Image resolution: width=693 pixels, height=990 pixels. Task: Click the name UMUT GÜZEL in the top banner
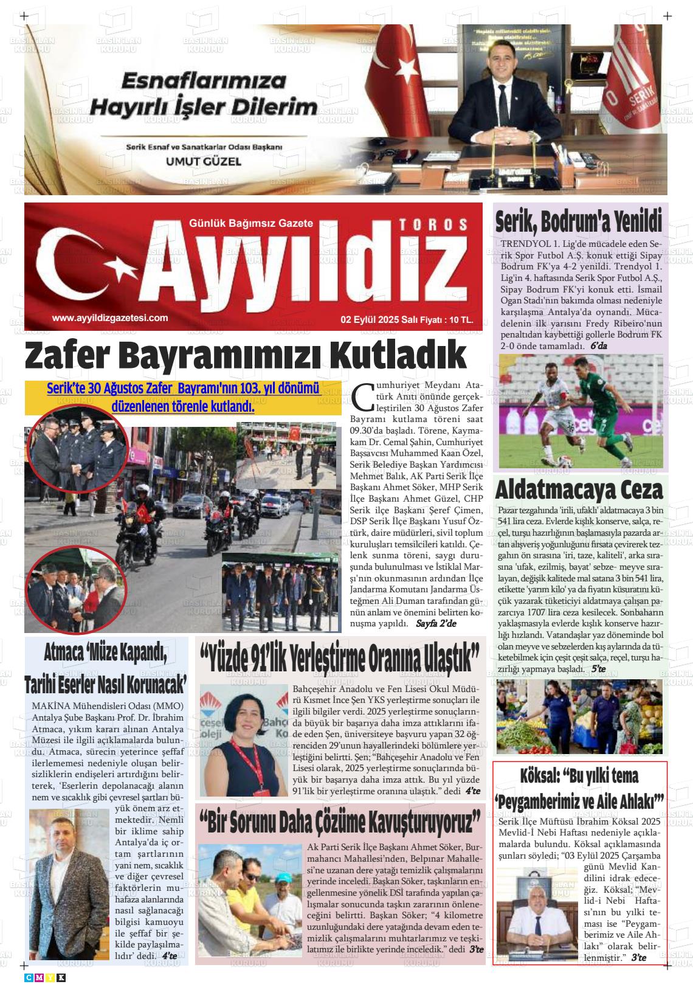203,162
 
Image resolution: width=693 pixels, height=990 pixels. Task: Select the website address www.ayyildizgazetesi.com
110,317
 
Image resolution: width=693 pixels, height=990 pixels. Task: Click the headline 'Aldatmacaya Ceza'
579,490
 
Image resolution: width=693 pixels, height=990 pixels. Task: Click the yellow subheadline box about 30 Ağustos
183,398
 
